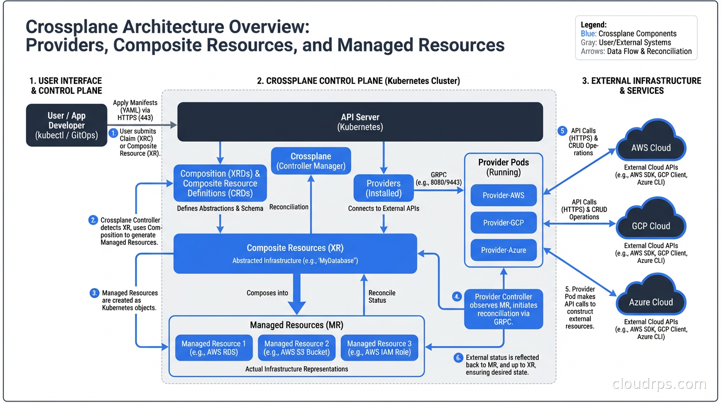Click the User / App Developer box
click(67, 125)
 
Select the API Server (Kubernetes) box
click(360, 122)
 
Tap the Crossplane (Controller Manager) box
click(311, 161)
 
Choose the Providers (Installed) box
click(384, 188)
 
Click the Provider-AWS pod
click(504, 195)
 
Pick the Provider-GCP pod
click(504, 222)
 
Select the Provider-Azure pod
click(504, 250)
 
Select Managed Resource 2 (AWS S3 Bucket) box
click(297, 348)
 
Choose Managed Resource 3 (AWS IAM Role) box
click(379, 348)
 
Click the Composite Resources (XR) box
click(295, 253)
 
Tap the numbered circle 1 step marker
click(113, 133)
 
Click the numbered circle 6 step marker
click(458, 358)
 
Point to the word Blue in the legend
click(588, 34)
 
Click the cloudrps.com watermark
click(659, 384)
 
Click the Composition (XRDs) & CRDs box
click(220, 183)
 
